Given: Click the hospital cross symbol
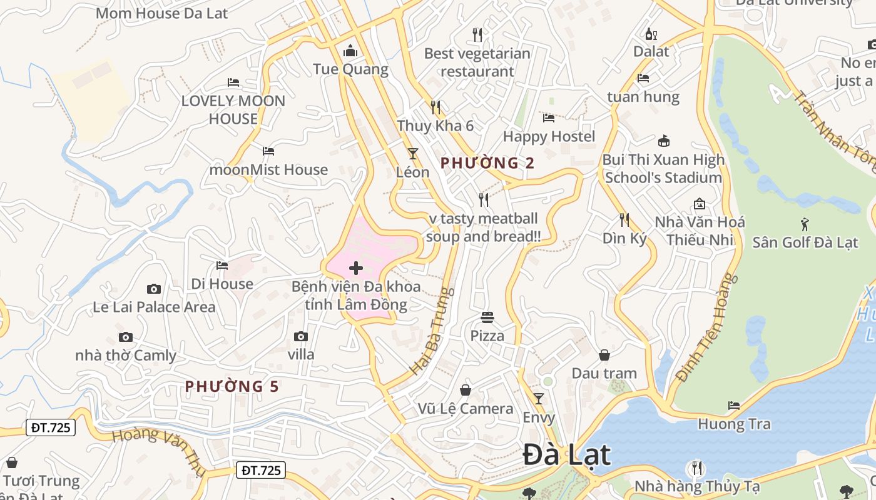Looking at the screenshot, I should pos(356,269).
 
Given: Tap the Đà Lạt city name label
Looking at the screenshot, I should pos(566,454).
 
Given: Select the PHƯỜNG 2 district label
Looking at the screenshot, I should pos(487,163).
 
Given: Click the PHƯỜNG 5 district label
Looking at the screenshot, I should pos(232,386).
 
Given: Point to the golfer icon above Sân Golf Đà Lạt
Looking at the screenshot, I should pos(805,224).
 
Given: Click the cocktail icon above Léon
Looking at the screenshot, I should pos(412,153).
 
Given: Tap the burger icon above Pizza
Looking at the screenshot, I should pos(487,317).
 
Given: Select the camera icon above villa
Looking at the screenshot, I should pos(301,337).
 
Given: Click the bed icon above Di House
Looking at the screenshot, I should pos(222,266).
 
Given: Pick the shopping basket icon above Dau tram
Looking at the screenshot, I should pos(604,355).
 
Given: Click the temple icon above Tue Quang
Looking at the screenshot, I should pos(350,51).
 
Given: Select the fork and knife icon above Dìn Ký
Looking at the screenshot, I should pos(624,219).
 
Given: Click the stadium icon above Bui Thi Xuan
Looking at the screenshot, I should pos(664,141).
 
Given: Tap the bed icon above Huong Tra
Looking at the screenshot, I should pos(734,406).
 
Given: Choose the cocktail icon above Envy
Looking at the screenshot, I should pos(539,399).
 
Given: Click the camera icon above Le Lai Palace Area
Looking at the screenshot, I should pos(154,289).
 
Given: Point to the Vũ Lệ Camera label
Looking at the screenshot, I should pos(466,409).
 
